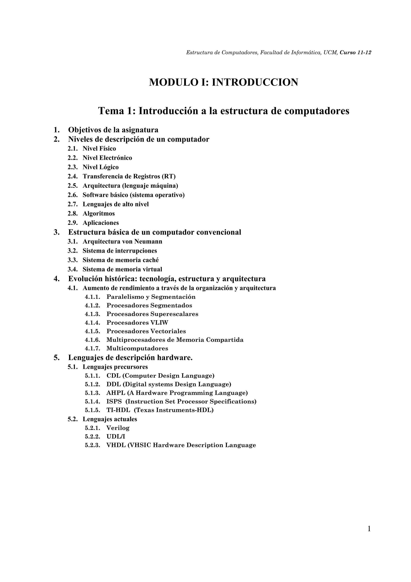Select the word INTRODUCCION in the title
(x=255, y=82)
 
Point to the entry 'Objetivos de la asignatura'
(x=113, y=130)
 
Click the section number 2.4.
(x=72, y=176)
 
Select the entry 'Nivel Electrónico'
(x=107, y=158)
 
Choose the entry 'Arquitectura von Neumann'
(x=122, y=241)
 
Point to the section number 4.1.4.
(x=93, y=323)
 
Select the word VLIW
(x=159, y=323)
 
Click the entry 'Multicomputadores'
(x=137, y=349)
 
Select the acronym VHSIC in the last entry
(x=139, y=445)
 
